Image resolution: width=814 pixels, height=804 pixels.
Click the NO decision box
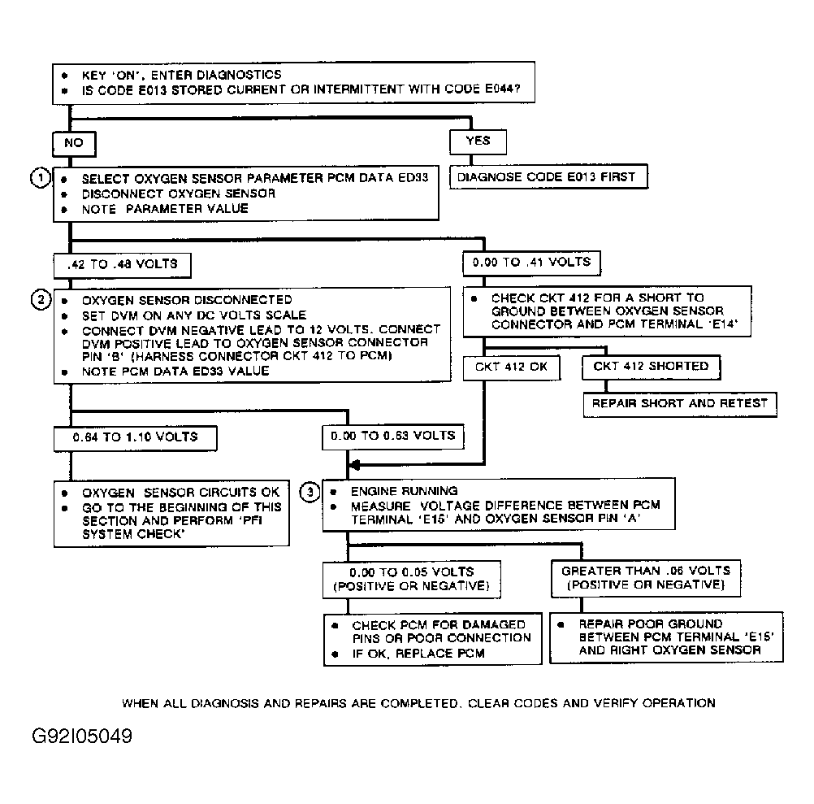tap(73, 143)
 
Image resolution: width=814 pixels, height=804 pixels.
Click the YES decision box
tap(478, 141)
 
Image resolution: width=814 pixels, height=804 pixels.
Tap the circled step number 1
tap(38, 177)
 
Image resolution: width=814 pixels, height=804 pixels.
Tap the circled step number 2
tap(38, 300)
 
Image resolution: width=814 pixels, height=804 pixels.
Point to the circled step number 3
tap(309, 491)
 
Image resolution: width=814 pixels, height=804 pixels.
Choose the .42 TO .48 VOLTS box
tap(121, 264)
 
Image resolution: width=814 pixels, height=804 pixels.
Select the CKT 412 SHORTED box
tap(651, 367)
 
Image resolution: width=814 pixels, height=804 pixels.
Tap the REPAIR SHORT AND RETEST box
tap(679, 403)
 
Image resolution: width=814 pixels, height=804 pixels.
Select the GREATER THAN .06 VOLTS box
tap(646, 577)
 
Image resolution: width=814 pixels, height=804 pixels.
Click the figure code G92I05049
tap(81, 737)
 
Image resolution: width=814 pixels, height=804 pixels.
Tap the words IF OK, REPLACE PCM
tap(418, 654)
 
